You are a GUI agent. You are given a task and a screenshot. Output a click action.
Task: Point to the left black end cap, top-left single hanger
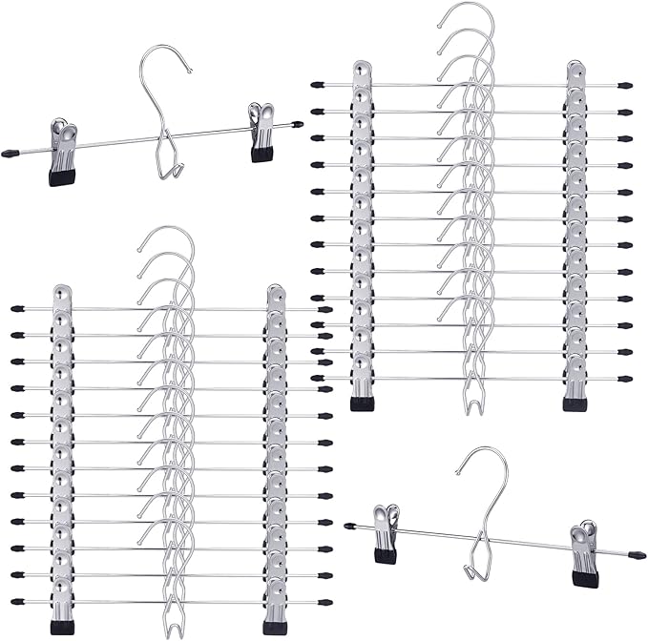click(x=10, y=153)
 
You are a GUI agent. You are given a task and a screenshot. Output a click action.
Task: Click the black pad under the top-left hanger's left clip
click(x=62, y=176)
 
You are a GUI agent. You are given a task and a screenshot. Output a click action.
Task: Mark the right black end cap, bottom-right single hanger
click(x=638, y=555)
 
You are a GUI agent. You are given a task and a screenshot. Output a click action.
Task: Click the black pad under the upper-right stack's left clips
click(x=363, y=403)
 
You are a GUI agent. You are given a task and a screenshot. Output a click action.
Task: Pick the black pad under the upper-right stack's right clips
click(x=575, y=403)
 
